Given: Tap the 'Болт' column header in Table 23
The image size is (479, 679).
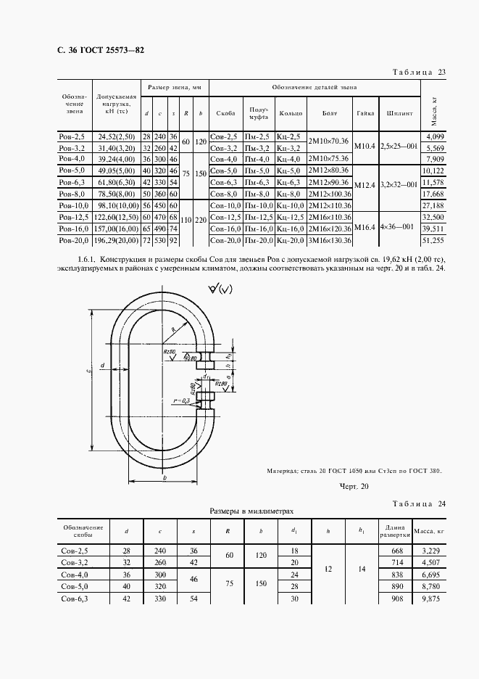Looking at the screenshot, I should coord(330,114).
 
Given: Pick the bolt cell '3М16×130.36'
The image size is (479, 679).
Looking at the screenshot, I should coord(330,240).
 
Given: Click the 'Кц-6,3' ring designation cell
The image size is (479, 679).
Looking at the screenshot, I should coord(291,183).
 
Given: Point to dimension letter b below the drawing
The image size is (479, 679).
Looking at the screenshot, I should coord(166,478).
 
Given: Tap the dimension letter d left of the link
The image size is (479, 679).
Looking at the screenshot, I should coord(103,364).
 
